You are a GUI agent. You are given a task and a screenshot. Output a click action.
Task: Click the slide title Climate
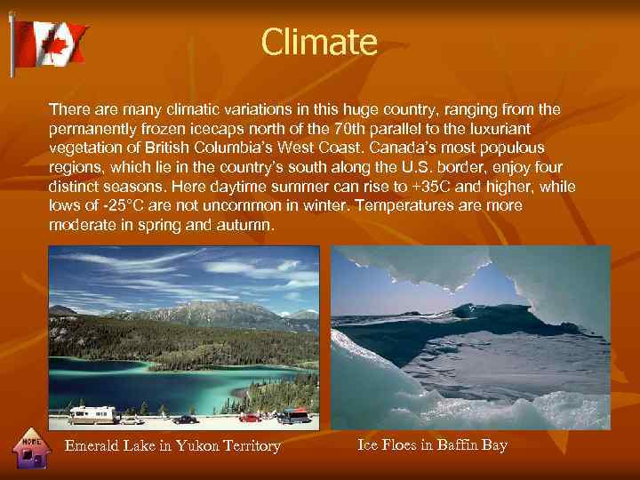pyautogui.click(x=319, y=42)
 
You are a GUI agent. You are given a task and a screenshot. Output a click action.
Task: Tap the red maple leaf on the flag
pyautogui.click(x=53, y=44)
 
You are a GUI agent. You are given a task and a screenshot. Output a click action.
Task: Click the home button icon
pyautogui.click(x=33, y=449)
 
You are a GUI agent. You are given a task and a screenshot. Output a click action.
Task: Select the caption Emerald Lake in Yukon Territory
pyautogui.click(x=172, y=446)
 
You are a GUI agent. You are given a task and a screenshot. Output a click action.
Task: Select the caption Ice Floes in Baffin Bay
pyautogui.click(x=432, y=444)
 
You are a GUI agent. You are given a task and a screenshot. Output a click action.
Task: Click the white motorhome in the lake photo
pyautogui.click(x=93, y=414)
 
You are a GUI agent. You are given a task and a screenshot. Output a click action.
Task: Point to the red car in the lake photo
pyautogui.click(x=250, y=416)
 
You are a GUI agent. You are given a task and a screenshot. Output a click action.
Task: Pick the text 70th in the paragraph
pyautogui.click(x=343, y=129)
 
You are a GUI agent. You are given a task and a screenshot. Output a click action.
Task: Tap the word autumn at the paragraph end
pyautogui.click(x=250, y=226)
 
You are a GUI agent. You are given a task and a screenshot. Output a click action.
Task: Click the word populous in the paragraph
pyautogui.click(x=514, y=148)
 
